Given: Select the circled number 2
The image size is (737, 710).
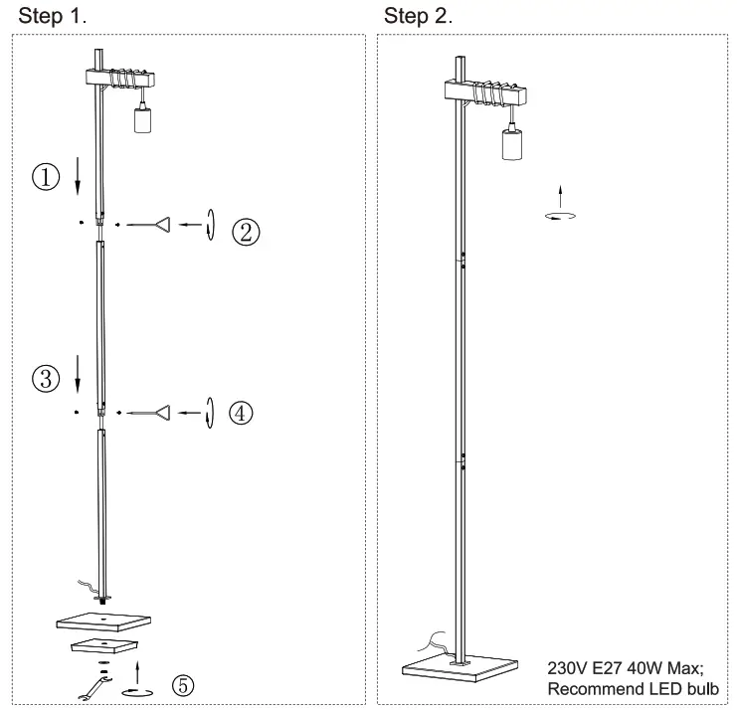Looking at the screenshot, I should click(246, 231).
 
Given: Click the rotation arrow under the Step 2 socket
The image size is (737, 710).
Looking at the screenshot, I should click(562, 214).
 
